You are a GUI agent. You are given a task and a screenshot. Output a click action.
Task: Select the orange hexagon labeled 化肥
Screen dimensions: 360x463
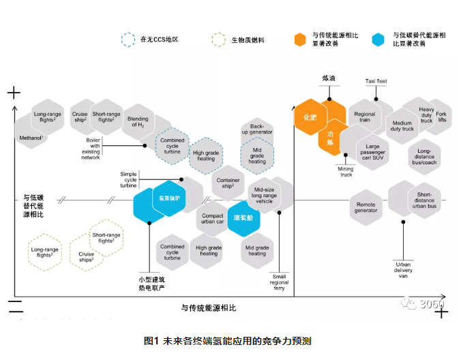click(306, 117)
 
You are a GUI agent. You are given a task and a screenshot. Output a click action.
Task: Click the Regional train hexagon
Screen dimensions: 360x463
click(365, 117)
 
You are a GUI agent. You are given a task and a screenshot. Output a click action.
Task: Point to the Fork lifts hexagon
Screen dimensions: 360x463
click(441, 117)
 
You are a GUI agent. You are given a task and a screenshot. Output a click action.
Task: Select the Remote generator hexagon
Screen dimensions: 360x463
click(366, 206)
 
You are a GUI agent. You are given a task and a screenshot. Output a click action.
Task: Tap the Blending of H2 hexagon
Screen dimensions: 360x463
click(138, 121)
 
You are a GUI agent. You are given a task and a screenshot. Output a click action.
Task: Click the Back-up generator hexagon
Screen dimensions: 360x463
click(257, 128)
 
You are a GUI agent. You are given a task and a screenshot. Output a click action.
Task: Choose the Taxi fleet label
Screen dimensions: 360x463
click(376, 82)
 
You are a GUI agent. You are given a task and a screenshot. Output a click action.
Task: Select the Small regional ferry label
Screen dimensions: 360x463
click(278, 280)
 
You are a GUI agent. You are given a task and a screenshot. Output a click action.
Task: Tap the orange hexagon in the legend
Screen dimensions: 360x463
click(299, 39)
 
